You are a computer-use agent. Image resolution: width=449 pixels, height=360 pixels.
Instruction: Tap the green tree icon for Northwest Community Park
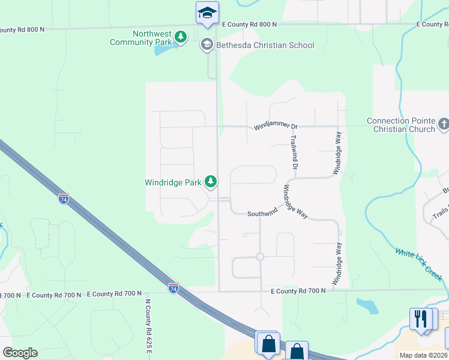tap(180, 38)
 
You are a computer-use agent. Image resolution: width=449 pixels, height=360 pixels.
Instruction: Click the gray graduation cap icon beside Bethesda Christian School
tap(207, 44)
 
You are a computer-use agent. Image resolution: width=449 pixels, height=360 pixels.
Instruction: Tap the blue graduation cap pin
tap(207, 13)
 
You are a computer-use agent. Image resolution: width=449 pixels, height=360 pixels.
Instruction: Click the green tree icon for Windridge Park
tap(211, 181)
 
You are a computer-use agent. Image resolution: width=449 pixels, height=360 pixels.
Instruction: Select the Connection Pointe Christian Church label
tap(401, 125)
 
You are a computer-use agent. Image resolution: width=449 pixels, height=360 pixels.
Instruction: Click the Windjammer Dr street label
tap(276, 127)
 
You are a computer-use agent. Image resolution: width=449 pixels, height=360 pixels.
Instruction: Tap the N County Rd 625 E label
tap(147, 327)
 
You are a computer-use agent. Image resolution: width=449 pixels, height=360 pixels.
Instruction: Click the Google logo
tap(20, 352)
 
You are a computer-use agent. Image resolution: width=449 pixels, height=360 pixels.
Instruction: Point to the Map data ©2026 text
tap(423, 355)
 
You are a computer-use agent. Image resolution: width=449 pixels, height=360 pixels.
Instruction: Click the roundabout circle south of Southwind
tap(260, 257)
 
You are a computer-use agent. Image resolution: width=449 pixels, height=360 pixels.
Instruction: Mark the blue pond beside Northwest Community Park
tap(161, 48)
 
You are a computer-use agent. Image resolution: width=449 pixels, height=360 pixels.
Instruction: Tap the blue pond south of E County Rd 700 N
tap(367, 305)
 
